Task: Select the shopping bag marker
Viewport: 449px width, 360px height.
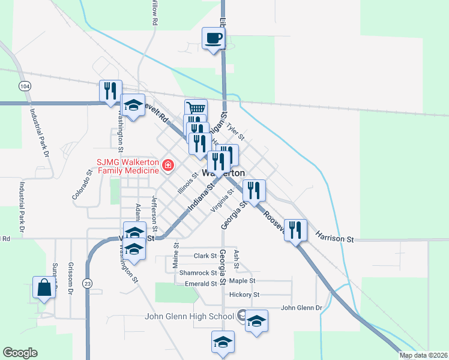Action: click(44, 288)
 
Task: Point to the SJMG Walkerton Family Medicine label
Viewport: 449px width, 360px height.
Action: click(127, 166)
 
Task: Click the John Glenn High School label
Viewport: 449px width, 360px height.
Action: click(190, 317)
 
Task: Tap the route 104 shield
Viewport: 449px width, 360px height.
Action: click(24, 86)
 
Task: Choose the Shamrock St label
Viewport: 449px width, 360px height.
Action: click(197, 272)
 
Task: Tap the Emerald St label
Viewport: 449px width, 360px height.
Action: click(200, 284)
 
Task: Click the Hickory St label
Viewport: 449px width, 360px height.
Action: click(244, 295)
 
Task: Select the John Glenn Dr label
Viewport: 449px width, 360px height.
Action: click(301, 308)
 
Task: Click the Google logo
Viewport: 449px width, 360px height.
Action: click(20, 352)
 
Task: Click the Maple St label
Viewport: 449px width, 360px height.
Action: click(242, 280)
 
